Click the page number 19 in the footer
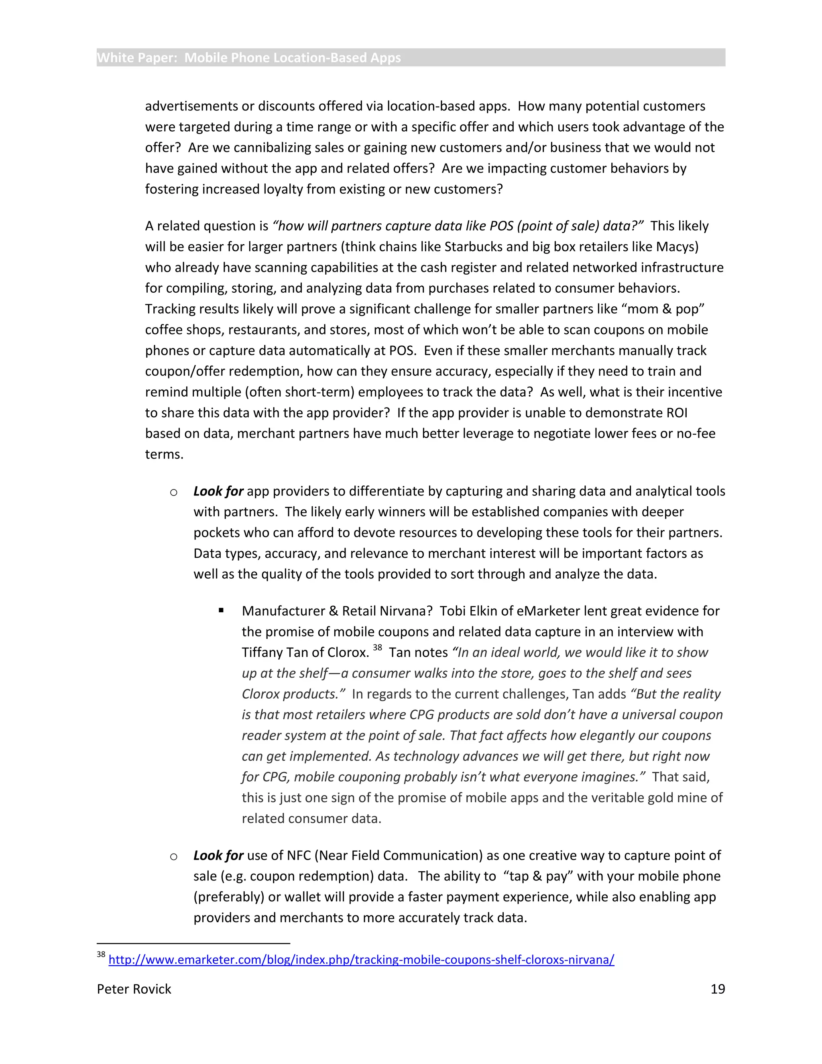tap(717, 989)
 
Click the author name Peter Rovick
tap(134, 989)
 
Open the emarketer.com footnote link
tap(361, 960)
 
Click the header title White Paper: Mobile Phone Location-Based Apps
tap(249, 58)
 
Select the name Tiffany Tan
tap(281, 652)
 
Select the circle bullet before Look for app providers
tap(174, 492)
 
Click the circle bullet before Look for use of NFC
tap(174, 856)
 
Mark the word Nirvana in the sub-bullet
tap(406, 611)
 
